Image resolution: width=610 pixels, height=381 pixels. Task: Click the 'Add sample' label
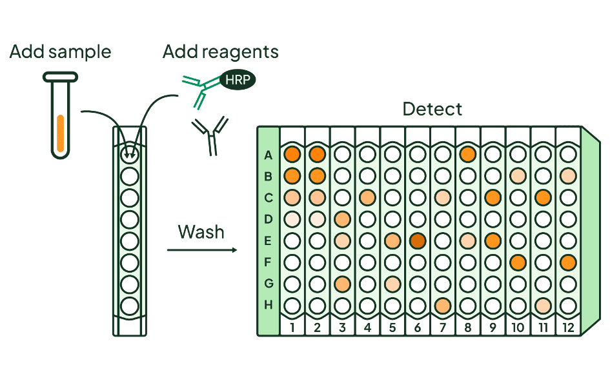[60, 52]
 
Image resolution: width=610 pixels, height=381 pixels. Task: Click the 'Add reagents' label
[220, 52]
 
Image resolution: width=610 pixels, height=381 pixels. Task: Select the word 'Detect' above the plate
[432, 108]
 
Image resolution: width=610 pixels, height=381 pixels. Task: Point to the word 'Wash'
[201, 231]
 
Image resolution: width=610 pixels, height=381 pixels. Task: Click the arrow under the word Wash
[201, 249]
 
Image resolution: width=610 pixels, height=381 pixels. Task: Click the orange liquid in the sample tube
[60, 133]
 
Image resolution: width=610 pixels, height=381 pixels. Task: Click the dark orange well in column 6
[418, 240]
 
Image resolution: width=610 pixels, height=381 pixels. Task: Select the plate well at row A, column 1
[292, 154]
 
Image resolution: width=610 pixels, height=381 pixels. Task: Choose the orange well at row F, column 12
[568, 262]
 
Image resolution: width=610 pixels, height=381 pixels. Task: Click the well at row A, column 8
[468, 154]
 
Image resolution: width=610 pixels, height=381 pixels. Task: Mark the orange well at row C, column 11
[543, 197]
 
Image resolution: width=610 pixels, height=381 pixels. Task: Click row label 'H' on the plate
[269, 304]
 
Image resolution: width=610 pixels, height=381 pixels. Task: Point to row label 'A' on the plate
[269, 155]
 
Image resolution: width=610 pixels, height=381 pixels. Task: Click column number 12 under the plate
[568, 327]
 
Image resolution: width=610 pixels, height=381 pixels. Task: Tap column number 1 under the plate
[292, 327]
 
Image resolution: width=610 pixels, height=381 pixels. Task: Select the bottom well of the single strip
[130, 306]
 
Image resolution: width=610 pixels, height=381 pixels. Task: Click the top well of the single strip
[130, 153]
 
